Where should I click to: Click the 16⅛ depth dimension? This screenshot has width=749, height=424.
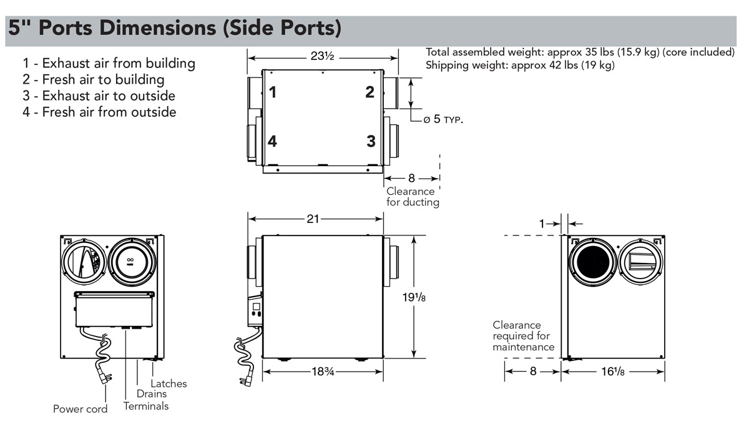(612, 371)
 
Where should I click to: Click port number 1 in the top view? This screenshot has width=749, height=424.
(273, 93)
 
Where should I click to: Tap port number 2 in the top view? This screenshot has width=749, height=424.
(370, 92)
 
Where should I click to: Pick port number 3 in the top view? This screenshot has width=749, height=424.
(371, 141)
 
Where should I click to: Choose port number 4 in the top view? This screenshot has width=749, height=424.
(272, 142)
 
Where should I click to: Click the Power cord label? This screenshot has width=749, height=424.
(80, 409)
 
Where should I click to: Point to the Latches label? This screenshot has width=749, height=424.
(169, 383)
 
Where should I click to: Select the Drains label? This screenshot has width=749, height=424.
(152, 394)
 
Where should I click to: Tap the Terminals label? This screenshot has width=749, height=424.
(146, 406)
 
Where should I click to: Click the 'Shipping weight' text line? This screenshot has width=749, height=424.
(520, 65)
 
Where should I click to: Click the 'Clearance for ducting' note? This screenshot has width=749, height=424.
(413, 197)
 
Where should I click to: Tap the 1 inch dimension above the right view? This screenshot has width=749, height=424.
(542, 223)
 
